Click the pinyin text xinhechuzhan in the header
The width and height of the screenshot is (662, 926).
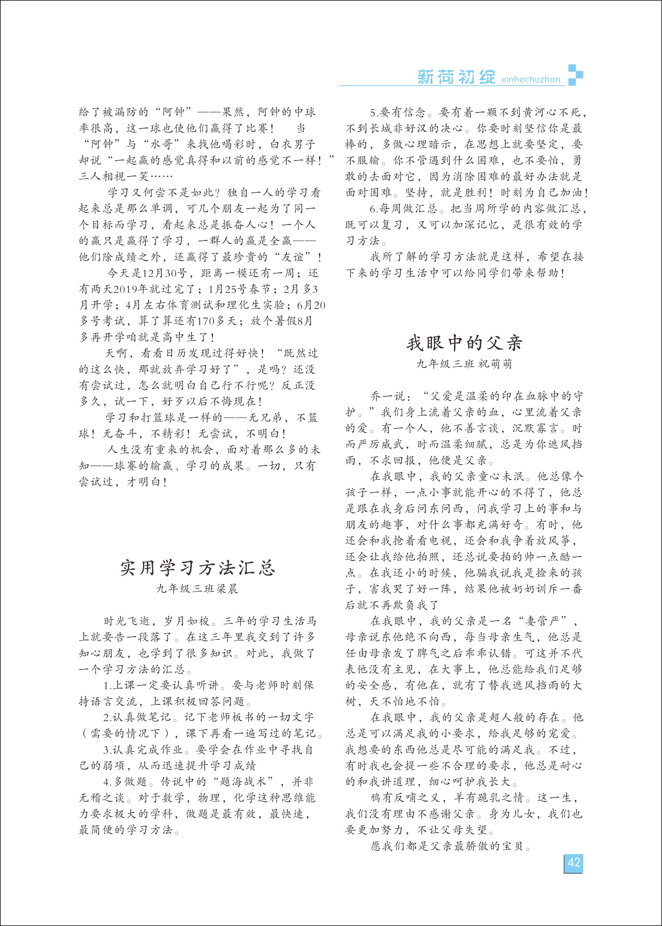(x=531, y=79)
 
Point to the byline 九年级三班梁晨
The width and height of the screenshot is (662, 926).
(x=197, y=589)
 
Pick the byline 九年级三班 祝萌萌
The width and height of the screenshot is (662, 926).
(x=464, y=364)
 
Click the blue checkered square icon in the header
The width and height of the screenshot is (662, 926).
(x=575, y=75)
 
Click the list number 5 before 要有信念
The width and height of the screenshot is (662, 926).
(x=373, y=113)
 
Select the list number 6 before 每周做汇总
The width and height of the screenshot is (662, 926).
(x=373, y=209)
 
